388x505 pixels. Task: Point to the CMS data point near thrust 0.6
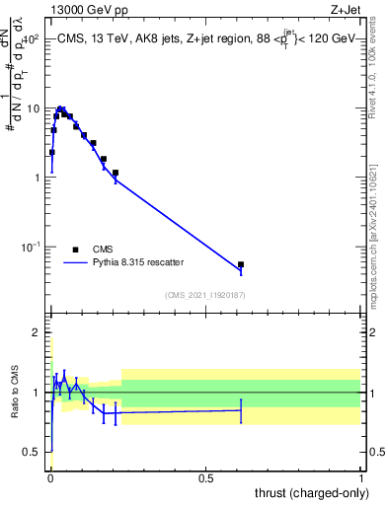tap(241, 264)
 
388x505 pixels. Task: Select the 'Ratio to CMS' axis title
tap(16, 392)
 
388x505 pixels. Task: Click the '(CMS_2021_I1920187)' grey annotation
tap(205, 294)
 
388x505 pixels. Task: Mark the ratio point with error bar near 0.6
tap(241, 409)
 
